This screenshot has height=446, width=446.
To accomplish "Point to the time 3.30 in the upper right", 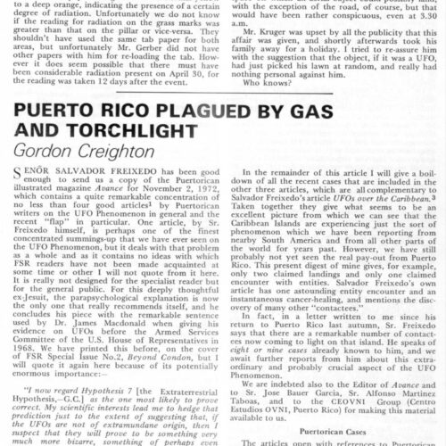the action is (417, 39).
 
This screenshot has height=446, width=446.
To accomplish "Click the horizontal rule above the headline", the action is (223, 120).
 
